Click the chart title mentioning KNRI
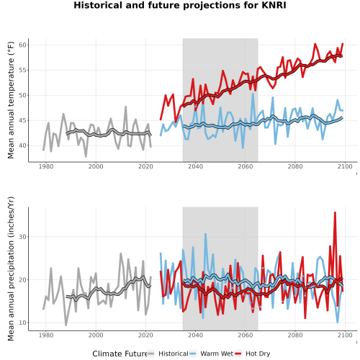(x=180, y=5)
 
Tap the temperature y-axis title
(x=11, y=100)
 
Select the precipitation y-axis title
(x=11, y=269)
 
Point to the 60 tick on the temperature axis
(x=22, y=45)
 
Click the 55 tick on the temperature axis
(x=22, y=71)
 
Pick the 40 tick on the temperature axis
(x=22, y=145)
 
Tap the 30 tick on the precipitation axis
(x=22, y=237)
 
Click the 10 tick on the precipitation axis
(x=22, y=323)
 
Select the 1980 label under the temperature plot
(x=46, y=166)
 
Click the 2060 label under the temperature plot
(x=246, y=166)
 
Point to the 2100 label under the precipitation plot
(x=345, y=335)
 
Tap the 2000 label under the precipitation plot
(x=96, y=335)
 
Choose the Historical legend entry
(x=168, y=354)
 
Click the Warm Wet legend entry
(x=211, y=354)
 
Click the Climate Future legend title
(x=120, y=354)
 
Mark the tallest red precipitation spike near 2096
(x=335, y=212)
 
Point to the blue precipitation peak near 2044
(x=205, y=234)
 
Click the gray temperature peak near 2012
(x=125, y=107)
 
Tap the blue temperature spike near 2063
(x=253, y=94)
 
